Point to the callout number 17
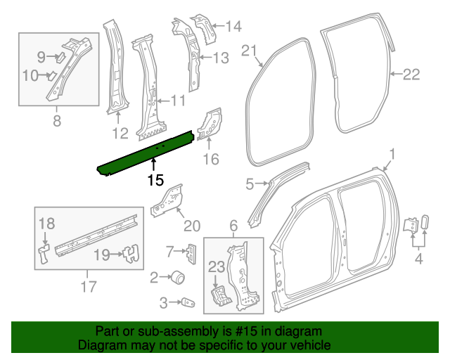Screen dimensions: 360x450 [x=87, y=286]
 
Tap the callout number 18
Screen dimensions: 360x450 [x=46, y=224]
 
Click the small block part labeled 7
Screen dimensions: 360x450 [x=190, y=251]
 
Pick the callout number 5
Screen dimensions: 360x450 [x=250, y=185]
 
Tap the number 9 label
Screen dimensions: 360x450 [x=41, y=56]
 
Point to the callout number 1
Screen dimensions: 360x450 [x=393, y=155]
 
